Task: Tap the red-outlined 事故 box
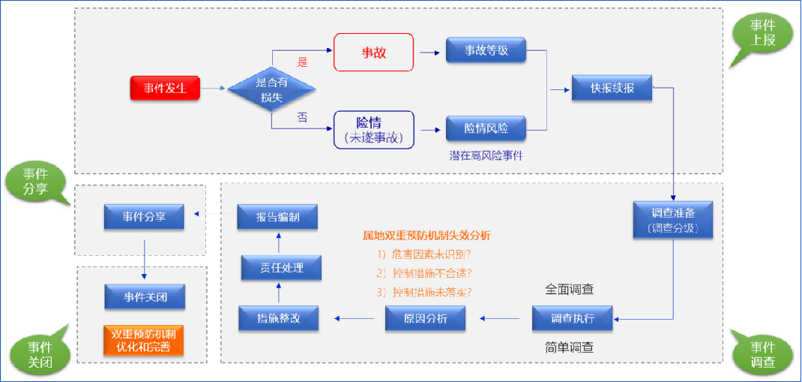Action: [x=373, y=53]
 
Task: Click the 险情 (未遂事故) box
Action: [x=373, y=129]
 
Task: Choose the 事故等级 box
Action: [x=486, y=50]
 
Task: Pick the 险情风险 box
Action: [x=486, y=128]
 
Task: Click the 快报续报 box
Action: [x=612, y=88]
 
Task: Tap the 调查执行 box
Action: [x=573, y=318]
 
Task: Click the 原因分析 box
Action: [x=425, y=318]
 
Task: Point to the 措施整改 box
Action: [x=278, y=318]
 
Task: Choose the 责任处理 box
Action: [x=281, y=268]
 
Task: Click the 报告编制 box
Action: [x=277, y=218]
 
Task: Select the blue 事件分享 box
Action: [x=144, y=217]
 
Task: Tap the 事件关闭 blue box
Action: [x=145, y=297]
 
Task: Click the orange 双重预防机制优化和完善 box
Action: [x=145, y=340]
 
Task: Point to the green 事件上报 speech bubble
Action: [x=763, y=34]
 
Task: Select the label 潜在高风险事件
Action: [x=486, y=155]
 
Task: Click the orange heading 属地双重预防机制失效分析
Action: [x=426, y=235]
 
